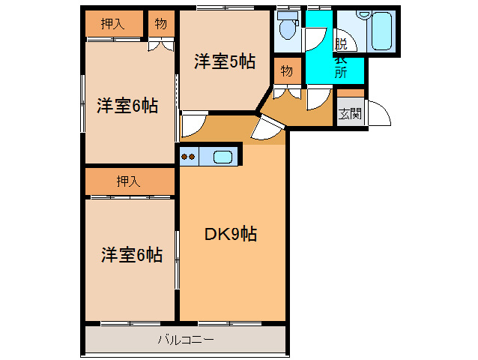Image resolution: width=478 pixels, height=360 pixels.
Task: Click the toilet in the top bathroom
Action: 288,25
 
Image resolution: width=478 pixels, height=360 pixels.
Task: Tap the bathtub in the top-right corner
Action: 381,31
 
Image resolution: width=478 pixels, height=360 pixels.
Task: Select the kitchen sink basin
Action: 223,157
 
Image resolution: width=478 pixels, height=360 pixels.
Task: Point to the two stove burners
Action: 188,157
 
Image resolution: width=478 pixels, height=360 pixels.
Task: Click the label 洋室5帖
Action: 225,61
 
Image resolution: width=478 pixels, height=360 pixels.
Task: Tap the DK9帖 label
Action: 231,234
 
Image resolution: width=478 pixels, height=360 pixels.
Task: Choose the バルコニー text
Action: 186,340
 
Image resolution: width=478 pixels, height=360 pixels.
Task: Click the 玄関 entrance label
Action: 351,114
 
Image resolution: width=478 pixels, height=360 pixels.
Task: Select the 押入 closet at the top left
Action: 113,23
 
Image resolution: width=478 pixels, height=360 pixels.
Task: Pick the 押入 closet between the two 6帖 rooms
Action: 130,181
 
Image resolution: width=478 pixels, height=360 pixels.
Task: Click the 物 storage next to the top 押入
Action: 161,23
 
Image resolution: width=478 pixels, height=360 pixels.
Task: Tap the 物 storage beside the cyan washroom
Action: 287,70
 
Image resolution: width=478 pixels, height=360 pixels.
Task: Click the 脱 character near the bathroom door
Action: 341,43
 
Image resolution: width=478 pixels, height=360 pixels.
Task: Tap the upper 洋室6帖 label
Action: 127,106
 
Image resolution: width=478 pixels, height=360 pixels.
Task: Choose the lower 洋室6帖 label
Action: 132,255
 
